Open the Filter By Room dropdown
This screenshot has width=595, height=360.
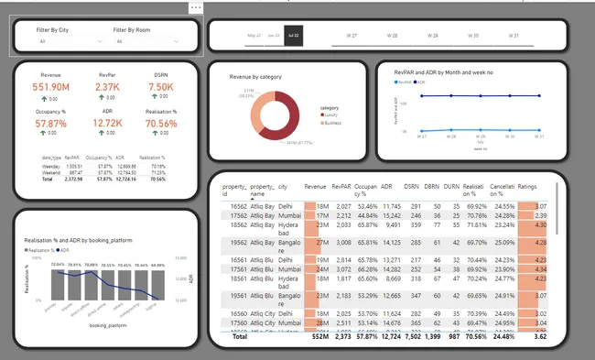coord(147,42)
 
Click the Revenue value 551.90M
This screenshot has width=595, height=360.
coord(51,87)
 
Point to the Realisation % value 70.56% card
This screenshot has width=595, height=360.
coord(161,123)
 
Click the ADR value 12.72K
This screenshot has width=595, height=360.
coord(107,123)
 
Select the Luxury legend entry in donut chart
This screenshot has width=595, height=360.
coord(332,114)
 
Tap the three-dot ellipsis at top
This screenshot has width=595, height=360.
coord(197,7)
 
